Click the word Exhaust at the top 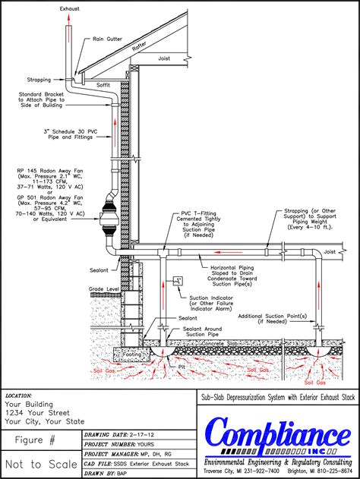pyautogui.click(x=71, y=8)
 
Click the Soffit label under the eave pyautogui.click(x=104, y=85)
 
